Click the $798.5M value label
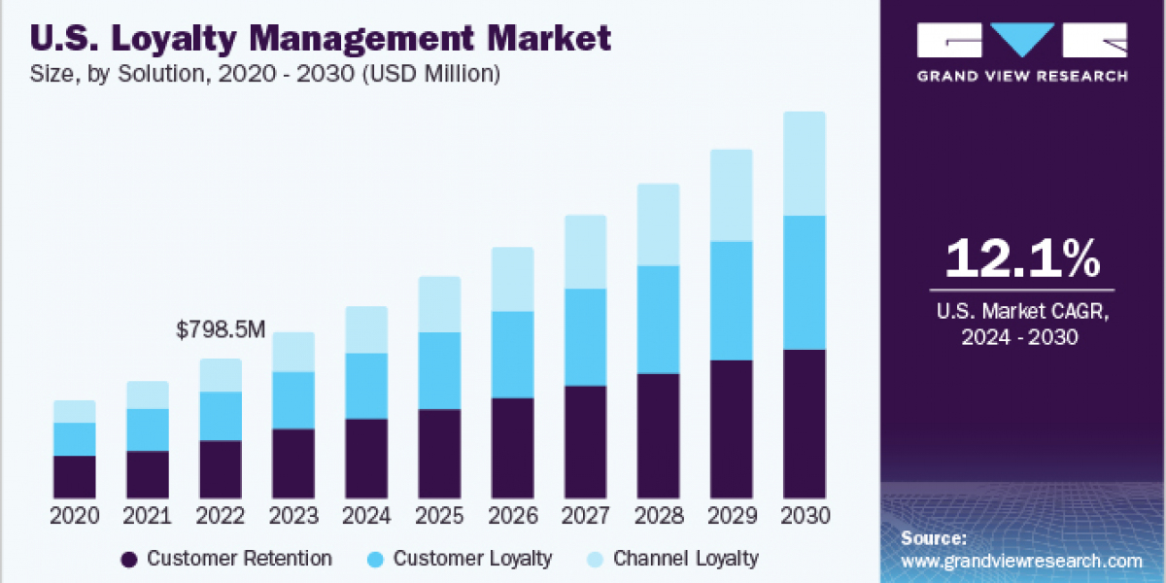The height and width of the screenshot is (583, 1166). click(x=220, y=330)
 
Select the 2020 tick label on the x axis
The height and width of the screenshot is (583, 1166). click(x=75, y=516)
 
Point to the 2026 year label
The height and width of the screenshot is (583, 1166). click(x=512, y=516)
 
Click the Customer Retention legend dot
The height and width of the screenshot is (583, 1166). click(x=128, y=559)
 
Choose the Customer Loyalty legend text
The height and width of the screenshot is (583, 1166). click(x=472, y=559)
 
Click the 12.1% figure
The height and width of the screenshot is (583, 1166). click(x=1022, y=258)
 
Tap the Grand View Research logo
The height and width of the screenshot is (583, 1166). click(x=1022, y=53)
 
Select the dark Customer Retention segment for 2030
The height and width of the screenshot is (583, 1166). click(x=804, y=424)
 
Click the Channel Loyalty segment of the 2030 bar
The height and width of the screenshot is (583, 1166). click(x=804, y=163)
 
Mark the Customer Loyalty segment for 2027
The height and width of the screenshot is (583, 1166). click(x=585, y=336)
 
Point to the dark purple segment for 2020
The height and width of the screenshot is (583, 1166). click(x=75, y=476)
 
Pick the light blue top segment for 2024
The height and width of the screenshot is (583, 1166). click(x=366, y=329)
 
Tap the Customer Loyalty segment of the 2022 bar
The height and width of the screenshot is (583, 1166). click(x=221, y=416)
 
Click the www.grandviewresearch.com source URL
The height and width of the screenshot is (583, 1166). click(x=1021, y=561)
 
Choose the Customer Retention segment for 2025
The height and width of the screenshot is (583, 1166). click(x=439, y=454)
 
